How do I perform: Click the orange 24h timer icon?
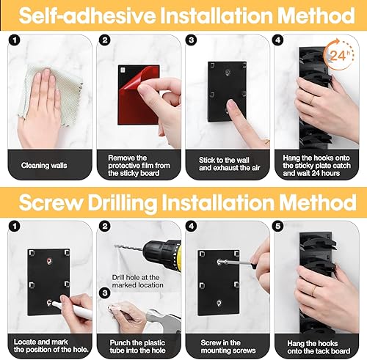(339, 54)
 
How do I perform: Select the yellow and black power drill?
(161, 254)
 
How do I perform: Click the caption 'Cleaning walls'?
(44, 166)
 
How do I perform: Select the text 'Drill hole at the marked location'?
(138, 282)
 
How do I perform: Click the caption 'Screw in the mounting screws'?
(228, 347)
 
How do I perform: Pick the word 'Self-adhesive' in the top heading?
(87, 15)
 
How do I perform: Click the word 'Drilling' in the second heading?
(123, 203)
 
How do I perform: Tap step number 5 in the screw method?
(278, 226)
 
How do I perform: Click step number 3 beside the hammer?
(105, 293)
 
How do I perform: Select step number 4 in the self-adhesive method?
(278, 40)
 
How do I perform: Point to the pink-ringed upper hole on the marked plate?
(49, 261)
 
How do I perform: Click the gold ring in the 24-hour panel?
(312, 100)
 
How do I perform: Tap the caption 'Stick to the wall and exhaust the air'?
(229, 164)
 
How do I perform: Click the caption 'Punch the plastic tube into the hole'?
(138, 347)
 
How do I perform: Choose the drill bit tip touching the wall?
(115, 246)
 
